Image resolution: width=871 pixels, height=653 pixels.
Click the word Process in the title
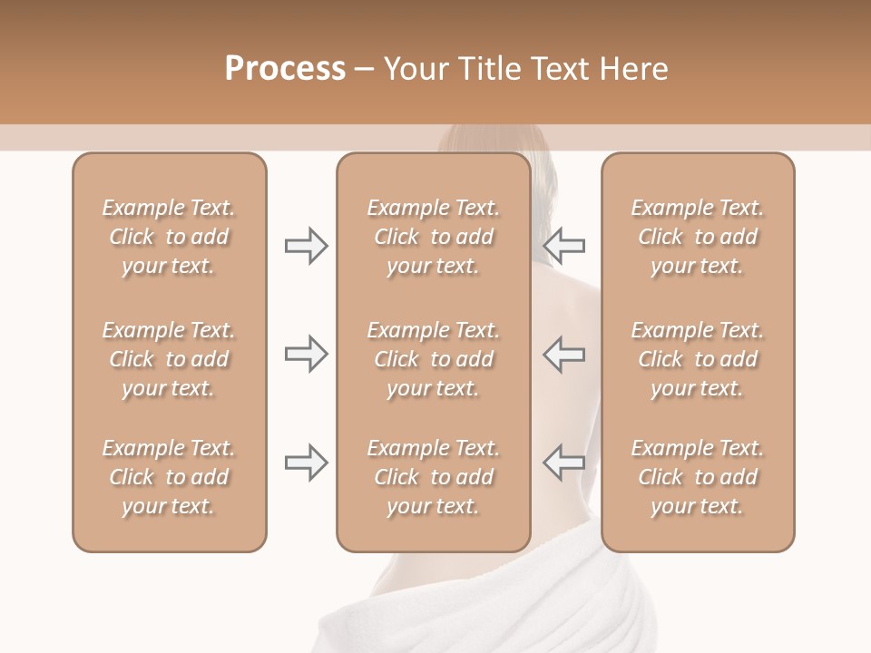[x=285, y=68]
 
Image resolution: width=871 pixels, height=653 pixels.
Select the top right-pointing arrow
[x=306, y=246]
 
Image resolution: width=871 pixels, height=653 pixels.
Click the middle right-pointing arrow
[x=306, y=354]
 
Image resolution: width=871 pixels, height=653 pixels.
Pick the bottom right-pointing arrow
[x=306, y=463]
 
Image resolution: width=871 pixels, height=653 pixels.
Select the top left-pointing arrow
[x=564, y=246]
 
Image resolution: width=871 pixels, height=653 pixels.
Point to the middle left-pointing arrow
[x=564, y=354]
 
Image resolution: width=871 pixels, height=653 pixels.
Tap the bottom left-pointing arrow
[x=564, y=463]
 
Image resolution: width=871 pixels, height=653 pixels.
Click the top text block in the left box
[x=169, y=237]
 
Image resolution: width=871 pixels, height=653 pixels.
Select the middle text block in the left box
[x=169, y=359]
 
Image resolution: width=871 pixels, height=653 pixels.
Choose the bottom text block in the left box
[x=169, y=477]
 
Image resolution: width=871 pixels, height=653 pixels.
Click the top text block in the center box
[x=433, y=237]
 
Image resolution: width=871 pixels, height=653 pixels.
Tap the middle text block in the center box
[x=433, y=359]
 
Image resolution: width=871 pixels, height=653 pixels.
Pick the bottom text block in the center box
[x=433, y=477]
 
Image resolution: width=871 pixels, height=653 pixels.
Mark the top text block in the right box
[x=697, y=237]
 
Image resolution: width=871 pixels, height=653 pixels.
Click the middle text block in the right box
[x=697, y=359]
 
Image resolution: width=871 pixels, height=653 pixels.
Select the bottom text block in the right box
[x=697, y=477]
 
